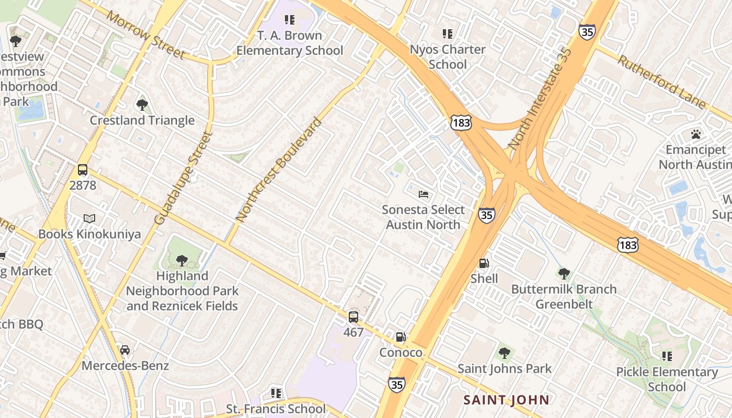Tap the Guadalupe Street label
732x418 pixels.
[184, 178]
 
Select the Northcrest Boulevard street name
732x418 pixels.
[279, 170]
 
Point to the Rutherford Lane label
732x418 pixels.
[661, 82]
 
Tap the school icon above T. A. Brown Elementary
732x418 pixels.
[289, 20]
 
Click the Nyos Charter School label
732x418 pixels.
[448, 56]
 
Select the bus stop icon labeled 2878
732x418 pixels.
[83, 170]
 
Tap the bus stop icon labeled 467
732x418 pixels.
[353, 317]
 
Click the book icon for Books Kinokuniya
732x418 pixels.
[89, 218]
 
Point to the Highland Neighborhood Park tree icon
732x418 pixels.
[181, 260]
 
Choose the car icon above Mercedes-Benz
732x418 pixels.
[125, 350]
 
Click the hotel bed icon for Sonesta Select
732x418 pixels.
[424, 194]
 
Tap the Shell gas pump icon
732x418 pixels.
[484, 263]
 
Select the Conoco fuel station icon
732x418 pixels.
[401, 337]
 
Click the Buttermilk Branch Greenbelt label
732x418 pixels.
[564, 296]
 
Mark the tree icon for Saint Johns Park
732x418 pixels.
[504, 353]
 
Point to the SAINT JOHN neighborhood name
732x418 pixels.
[506, 400]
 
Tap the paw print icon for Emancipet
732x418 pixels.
[695, 134]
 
